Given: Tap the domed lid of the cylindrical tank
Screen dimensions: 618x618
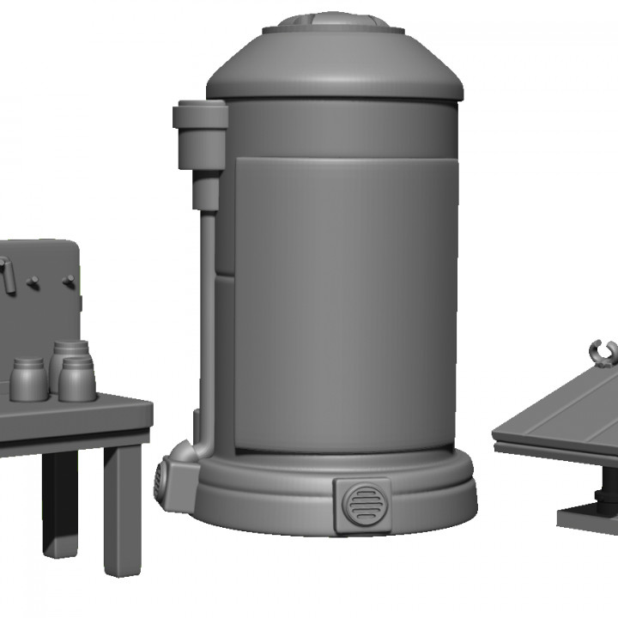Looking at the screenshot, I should click(335, 64).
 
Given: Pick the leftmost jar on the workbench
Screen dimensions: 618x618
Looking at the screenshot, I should click(30, 379).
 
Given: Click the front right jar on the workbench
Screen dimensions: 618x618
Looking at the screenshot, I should click(77, 380).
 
